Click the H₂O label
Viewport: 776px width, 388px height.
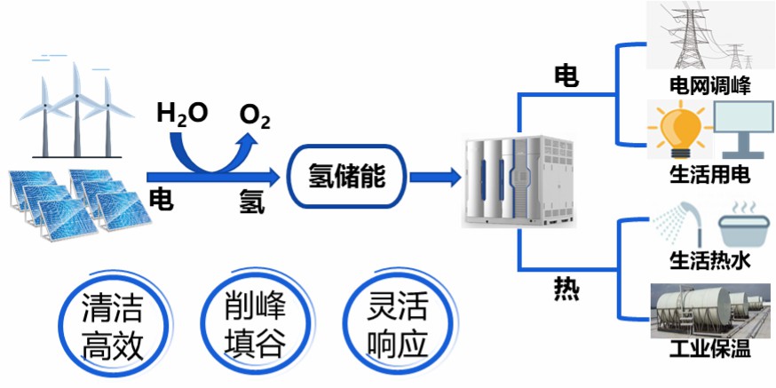point(181,114)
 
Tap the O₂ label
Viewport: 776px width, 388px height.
point(255,115)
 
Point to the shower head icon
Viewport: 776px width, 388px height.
point(678,226)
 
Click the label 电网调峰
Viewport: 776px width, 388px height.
point(710,86)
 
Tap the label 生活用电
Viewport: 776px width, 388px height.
point(710,174)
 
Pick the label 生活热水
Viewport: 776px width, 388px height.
point(710,262)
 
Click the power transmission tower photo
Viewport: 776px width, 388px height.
point(710,37)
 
